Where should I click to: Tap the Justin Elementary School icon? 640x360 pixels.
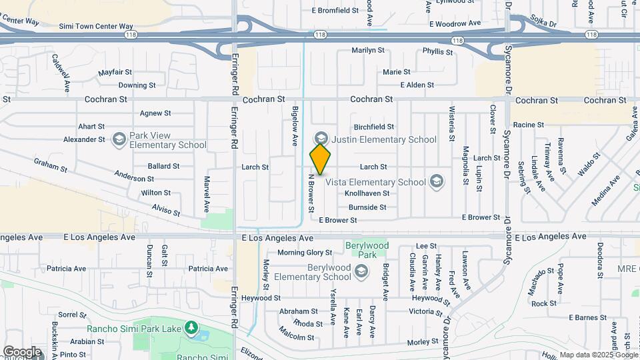320,139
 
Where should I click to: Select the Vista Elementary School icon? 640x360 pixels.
436,181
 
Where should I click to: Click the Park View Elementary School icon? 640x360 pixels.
119,139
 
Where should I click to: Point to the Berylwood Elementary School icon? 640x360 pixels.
361,271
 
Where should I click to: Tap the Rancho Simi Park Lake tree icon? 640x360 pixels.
191,327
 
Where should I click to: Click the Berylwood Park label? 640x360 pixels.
367,250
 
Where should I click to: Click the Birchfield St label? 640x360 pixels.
374,127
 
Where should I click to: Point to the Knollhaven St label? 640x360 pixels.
367,193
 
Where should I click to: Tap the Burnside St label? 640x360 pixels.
367,207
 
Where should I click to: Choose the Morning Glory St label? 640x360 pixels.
305,253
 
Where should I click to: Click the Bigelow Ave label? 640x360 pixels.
295,127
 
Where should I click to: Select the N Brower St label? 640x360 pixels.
311,194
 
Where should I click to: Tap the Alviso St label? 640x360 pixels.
165,210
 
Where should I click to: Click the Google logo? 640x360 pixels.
21,352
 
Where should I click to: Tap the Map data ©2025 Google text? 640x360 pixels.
597,355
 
